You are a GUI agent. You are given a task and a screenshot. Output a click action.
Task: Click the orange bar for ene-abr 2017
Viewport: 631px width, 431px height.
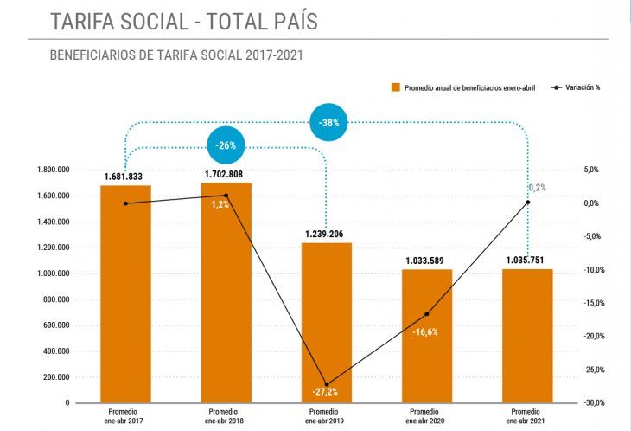(x=126, y=294)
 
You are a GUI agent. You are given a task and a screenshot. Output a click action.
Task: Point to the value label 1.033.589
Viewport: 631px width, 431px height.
(x=427, y=261)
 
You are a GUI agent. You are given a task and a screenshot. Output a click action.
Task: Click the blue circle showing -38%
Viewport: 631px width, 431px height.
(x=328, y=123)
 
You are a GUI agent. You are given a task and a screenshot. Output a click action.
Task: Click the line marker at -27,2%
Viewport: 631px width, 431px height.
(x=327, y=384)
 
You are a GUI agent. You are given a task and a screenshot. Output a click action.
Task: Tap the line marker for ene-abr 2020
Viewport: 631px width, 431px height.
(x=427, y=313)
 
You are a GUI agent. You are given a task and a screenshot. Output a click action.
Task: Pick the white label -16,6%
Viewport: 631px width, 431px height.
(x=425, y=332)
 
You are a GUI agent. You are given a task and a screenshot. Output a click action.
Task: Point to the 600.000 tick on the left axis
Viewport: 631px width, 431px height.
(x=56, y=325)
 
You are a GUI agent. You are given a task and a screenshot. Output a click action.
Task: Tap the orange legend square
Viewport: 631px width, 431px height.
(x=395, y=87)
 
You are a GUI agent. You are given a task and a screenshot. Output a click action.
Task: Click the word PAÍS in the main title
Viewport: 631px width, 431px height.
(x=285, y=21)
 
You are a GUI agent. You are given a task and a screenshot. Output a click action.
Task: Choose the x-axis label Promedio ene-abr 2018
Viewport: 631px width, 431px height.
(x=226, y=415)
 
